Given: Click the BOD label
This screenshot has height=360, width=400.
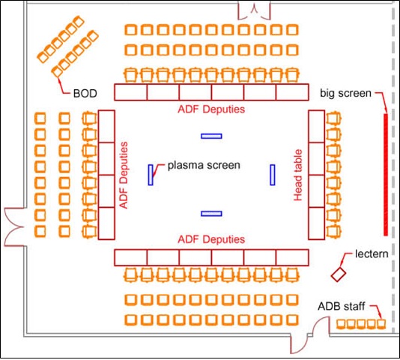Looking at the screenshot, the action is click(85, 94).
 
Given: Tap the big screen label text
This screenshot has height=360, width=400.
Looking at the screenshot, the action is click(345, 93).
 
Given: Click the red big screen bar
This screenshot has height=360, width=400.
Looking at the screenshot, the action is click(386, 175).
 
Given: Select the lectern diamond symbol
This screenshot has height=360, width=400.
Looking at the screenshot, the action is click(339, 274).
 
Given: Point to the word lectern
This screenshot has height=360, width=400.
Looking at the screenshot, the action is click(372, 254).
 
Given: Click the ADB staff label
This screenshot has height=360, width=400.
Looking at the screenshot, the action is click(342, 306).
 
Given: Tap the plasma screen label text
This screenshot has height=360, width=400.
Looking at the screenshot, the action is click(204, 165).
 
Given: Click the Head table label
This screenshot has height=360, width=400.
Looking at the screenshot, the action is click(298, 175).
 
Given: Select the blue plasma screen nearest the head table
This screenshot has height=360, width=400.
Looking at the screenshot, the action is click(273, 175).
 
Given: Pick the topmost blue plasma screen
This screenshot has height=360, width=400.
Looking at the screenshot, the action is click(211, 136).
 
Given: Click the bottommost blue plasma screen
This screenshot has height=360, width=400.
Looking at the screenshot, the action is click(211, 214).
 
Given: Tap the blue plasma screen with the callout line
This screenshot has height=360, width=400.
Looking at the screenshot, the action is click(151, 175).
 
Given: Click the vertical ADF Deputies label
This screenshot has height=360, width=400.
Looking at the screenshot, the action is click(124, 175).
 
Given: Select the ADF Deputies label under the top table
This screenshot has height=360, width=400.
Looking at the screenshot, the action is click(211, 109).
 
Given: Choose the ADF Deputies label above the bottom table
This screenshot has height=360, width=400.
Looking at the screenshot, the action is click(211, 239).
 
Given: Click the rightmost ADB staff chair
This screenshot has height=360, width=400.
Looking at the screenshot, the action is click(381, 324).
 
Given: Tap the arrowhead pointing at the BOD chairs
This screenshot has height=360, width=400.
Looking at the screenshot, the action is click(59, 80).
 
